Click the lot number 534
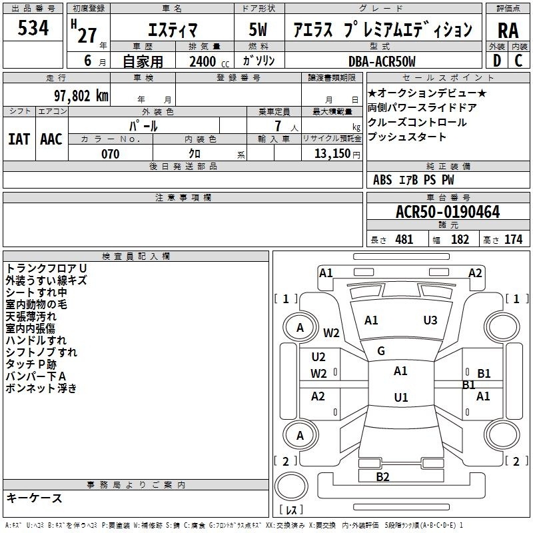[x=33, y=28]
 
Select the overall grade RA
[x=508, y=31]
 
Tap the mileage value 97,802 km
[x=81, y=96]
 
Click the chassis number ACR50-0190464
[x=448, y=212]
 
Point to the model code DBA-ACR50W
[x=382, y=61]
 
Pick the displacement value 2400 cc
[x=209, y=61]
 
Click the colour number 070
[x=111, y=154]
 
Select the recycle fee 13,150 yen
[x=337, y=154]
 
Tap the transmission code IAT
[x=19, y=139]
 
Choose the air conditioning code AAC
[x=51, y=139]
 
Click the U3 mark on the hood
[x=430, y=320]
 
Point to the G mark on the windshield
[x=381, y=351]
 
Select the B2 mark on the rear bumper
[x=382, y=476]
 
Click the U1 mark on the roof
[x=401, y=397]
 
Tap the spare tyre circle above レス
[x=291, y=486]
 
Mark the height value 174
[x=513, y=240]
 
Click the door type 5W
[x=258, y=29]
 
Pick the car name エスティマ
[x=173, y=30]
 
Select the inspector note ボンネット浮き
[x=41, y=388]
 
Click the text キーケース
[x=34, y=498]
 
